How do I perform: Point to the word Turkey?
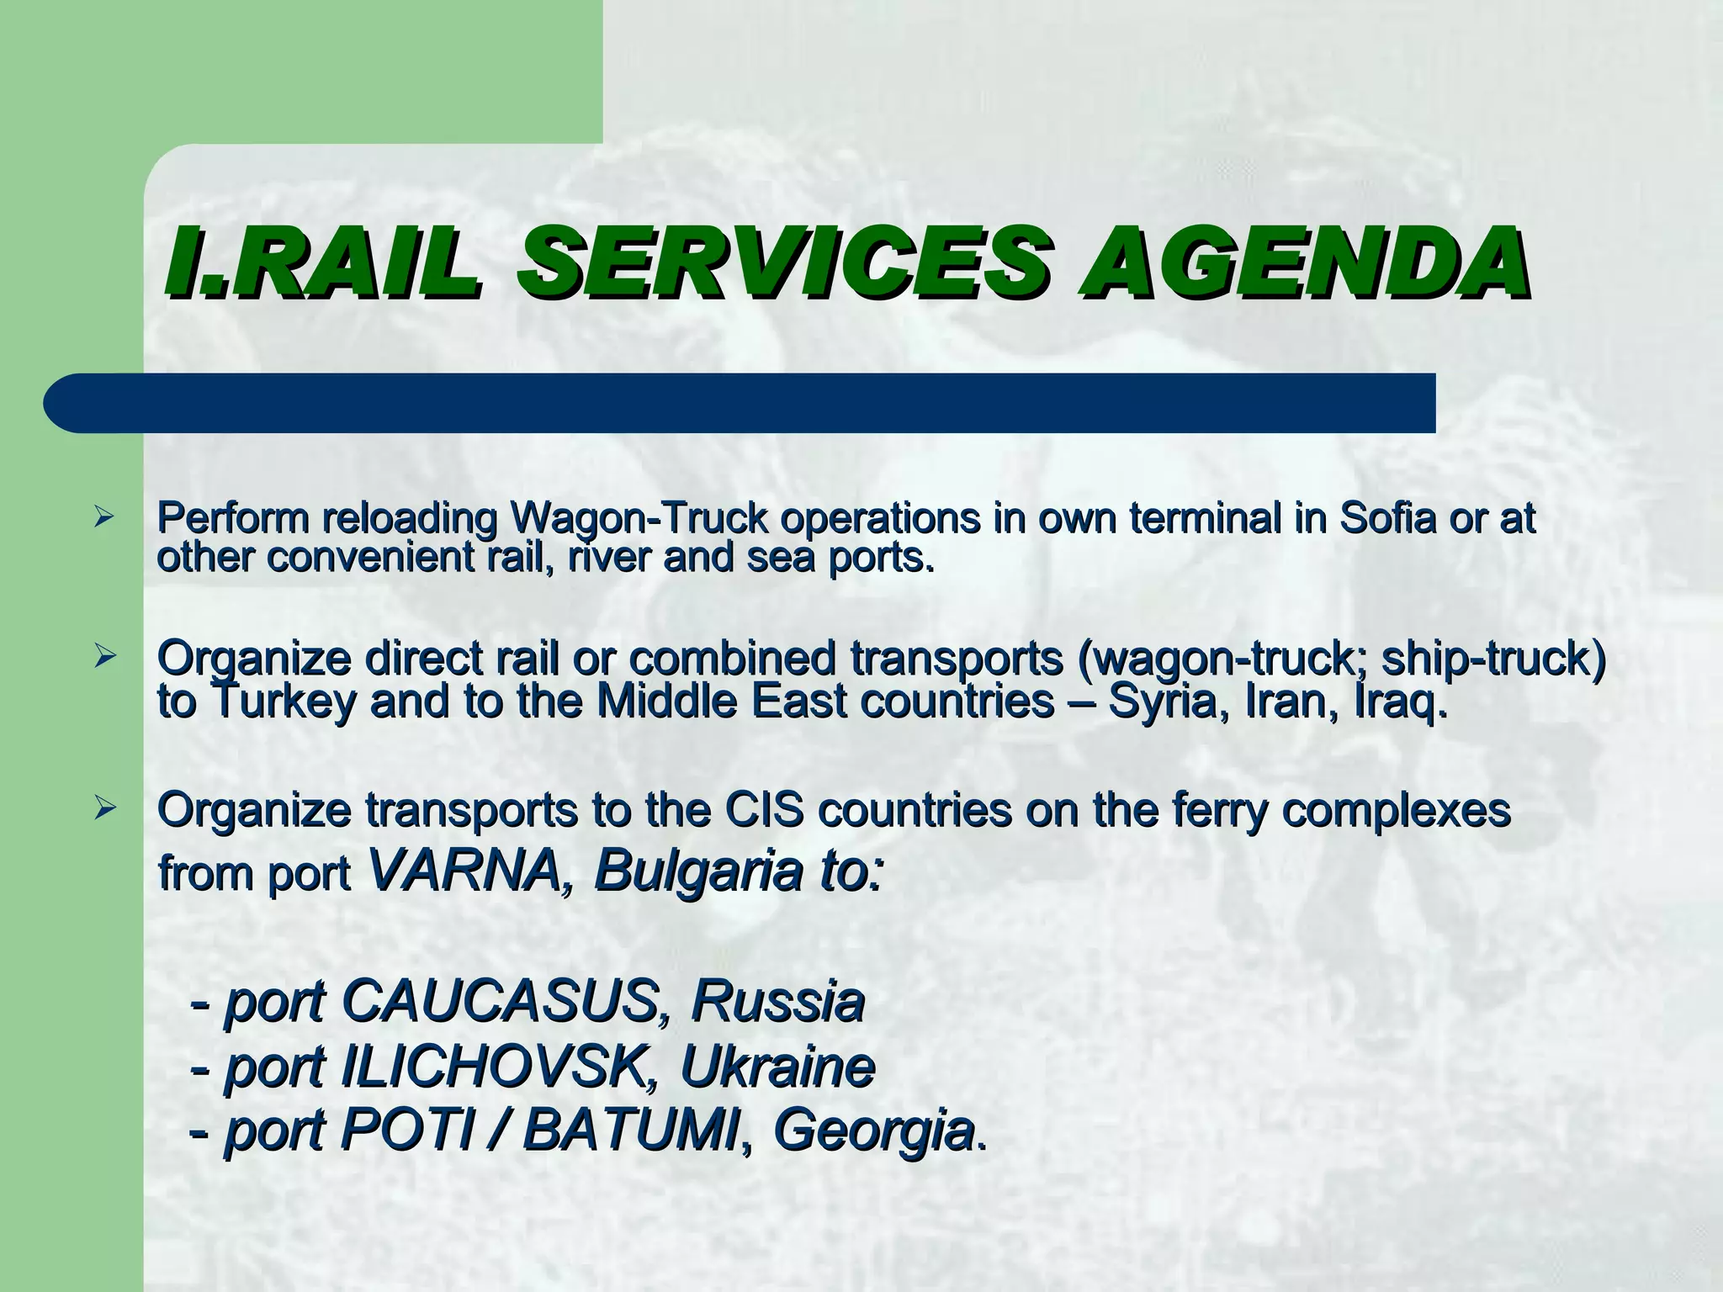point(283,702)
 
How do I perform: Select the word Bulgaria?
point(697,871)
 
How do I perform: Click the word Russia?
point(777,1002)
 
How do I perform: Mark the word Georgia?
point(872,1132)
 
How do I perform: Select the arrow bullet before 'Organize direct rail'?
point(103,656)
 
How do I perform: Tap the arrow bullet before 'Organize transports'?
point(103,809)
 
